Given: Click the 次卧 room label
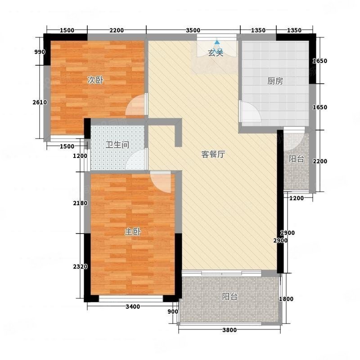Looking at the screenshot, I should coord(95,81).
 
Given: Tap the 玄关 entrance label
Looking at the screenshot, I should coord(216,53).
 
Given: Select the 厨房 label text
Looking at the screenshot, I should coord(275,81).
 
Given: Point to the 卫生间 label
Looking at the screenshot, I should coord(117,145).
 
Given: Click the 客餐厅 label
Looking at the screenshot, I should coord(213,154).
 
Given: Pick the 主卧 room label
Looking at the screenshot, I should coord(133,232).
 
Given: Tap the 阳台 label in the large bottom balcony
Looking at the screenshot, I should coord(229,297).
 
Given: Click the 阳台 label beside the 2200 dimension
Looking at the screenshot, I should coord(296,159).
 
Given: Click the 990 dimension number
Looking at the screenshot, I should coord(40,52).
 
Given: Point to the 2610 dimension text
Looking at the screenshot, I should coord(40,103).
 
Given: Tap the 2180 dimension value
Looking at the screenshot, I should coord(80,203).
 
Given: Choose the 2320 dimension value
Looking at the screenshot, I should coord(80,267).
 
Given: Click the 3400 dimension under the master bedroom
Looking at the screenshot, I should coord(133,307).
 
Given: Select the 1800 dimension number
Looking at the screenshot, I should coord(286,299).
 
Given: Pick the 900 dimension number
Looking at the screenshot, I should coord(173,312).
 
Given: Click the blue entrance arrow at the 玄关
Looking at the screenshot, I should coord(217,43).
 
